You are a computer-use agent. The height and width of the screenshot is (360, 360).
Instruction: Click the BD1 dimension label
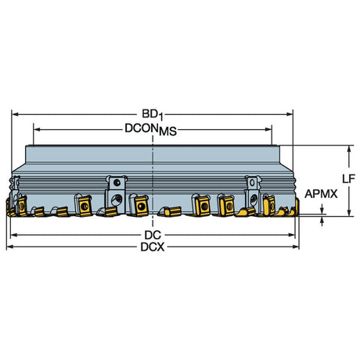tap(153, 115)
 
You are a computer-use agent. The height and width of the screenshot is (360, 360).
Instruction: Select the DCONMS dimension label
tap(151, 130)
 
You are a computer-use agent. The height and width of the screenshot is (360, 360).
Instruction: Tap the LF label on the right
tap(348, 179)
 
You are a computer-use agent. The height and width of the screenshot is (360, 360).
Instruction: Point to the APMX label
tap(321, 194)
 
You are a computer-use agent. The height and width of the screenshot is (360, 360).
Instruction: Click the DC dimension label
tap(153, 236)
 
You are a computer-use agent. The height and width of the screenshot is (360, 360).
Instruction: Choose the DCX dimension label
tap(153, 247)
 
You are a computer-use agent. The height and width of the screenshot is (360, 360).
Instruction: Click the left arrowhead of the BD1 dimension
tap(16, 114)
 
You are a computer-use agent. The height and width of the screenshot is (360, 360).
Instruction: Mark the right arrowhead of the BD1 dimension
tap(290, 114)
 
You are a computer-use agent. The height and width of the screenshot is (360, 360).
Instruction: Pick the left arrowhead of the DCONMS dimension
tap(38, 129)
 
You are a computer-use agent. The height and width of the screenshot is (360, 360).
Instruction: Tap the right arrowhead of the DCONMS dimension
tap(268, 129)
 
